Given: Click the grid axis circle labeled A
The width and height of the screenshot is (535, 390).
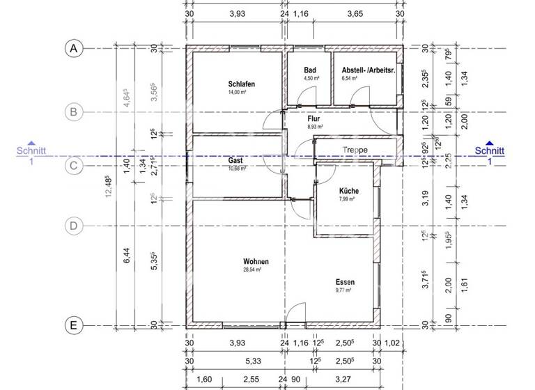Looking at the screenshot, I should [73, 48].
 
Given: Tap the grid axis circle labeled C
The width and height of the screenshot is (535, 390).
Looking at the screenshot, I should [73, 166].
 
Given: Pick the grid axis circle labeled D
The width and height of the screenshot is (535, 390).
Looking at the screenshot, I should [73, 226].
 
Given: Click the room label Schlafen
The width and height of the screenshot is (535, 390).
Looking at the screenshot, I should [241, 84].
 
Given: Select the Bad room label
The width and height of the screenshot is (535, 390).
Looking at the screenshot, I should [311, 71].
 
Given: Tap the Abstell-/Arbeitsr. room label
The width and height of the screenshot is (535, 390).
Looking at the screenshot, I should [369, 71].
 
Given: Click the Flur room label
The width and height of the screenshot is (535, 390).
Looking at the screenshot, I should [313, 119].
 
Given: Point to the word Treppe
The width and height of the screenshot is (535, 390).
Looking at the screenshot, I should [356, 150].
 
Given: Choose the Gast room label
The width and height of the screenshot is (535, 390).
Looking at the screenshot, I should [235, 160].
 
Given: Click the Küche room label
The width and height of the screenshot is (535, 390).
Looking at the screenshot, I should [349, 191].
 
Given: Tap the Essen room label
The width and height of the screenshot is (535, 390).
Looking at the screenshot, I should [344, 282].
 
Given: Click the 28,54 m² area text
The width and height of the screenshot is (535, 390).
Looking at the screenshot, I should [251, 270].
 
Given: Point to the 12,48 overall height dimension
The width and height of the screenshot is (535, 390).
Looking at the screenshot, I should [107, 187].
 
